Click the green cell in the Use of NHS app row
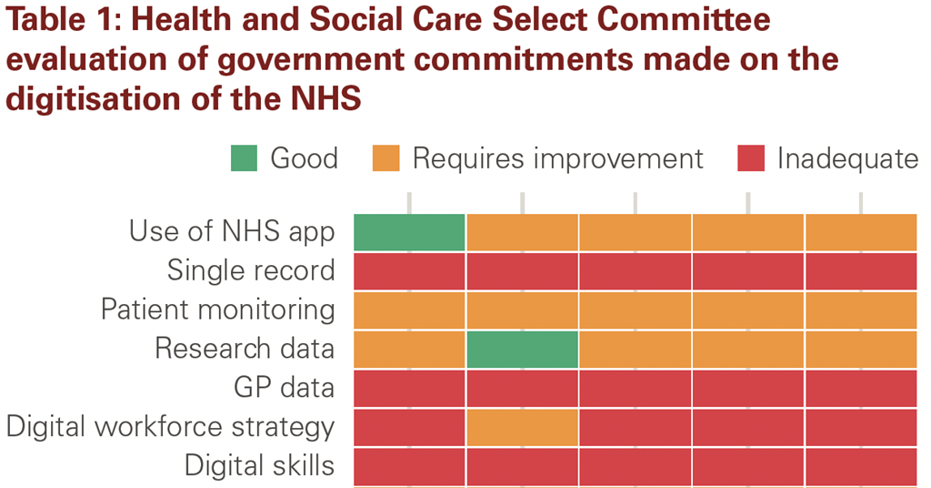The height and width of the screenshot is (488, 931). click(409, 232)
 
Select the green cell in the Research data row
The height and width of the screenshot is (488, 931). click(522, 349)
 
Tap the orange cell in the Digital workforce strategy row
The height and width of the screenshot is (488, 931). click(522, 427)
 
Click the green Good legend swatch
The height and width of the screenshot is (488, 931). click(244, 158)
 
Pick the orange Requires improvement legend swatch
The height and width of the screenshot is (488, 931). click(386, 158)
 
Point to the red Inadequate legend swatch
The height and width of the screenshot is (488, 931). click(750, 158)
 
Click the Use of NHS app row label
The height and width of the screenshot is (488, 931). click(232, 231)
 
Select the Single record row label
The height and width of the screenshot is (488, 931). click(251, 270)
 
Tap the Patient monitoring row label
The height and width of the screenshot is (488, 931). click(218, 310)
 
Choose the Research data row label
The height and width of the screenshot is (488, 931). click(245, 349)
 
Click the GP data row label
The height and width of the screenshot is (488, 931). click(284, 388)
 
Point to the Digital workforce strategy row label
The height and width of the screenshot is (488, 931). click(171, 427)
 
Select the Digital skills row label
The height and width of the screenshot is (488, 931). click(259, 466)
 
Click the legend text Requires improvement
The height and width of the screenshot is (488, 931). click(557, 158)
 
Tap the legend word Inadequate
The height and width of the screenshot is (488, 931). click(847, 158)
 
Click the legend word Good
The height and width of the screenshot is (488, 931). click(304, 158)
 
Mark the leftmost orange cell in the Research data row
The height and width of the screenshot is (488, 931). click(409, 349)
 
